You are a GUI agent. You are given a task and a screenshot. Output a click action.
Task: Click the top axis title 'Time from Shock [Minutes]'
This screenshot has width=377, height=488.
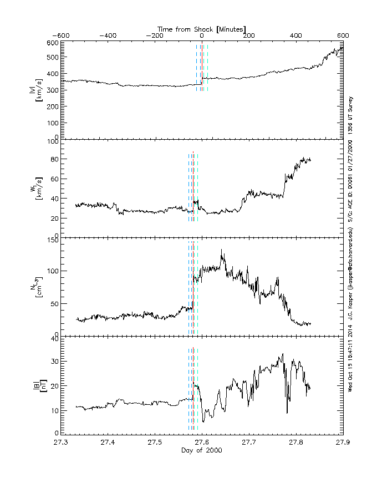[202, 28]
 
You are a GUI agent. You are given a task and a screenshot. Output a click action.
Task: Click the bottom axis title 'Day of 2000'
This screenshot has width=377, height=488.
[202, 450]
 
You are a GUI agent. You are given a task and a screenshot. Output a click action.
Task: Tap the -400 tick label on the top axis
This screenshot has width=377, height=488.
[109, 35]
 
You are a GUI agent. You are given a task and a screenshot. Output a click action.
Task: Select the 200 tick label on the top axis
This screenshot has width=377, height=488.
[249, 35]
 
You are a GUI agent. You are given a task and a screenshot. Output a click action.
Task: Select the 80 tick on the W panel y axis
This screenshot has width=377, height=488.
[54, 161]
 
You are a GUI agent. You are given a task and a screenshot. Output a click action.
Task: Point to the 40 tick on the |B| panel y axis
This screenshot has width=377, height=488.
[54, 338]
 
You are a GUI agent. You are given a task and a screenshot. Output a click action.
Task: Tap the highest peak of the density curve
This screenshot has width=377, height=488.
[222, 250]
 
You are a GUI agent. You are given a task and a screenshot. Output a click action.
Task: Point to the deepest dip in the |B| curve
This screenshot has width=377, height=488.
[287, 413]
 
